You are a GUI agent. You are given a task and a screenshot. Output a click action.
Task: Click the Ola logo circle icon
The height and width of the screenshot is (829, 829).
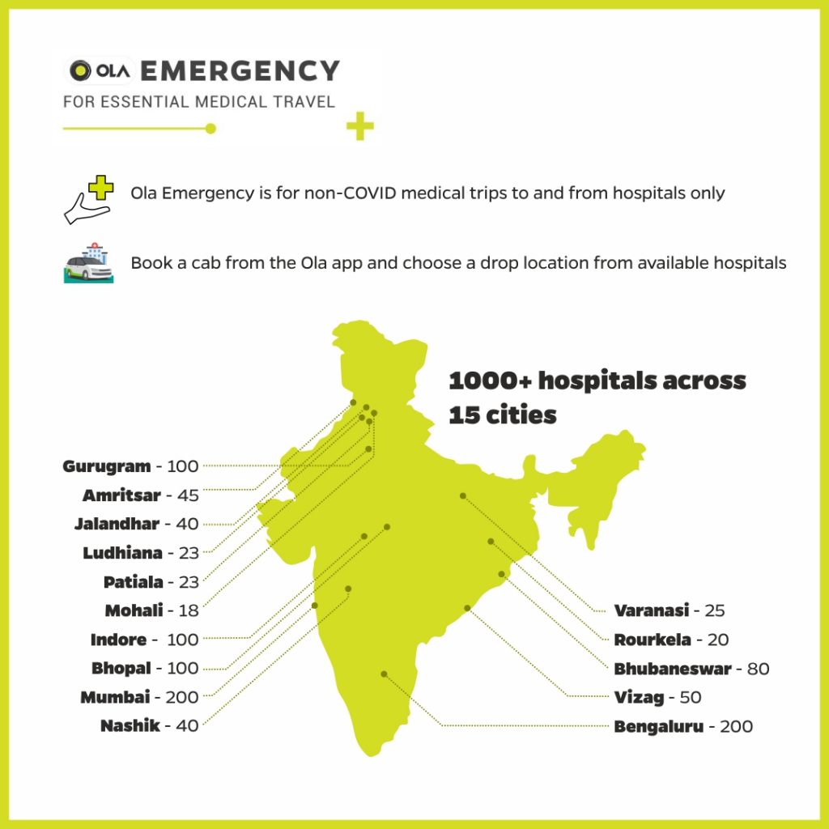tap(81, 71)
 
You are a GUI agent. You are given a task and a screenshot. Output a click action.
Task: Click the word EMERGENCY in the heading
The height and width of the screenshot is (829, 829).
tap(240, 71)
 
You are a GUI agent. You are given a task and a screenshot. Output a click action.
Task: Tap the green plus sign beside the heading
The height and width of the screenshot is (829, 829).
tap(359, 127)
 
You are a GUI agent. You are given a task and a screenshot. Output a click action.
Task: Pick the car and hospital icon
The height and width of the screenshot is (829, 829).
tap(87, 262)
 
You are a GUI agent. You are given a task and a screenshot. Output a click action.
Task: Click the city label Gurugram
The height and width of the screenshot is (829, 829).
tap(107, 466)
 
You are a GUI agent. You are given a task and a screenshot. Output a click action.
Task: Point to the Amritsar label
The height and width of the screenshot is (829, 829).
tap(121, 495)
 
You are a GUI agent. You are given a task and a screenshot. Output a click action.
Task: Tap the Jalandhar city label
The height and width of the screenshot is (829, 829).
tap(117, 524)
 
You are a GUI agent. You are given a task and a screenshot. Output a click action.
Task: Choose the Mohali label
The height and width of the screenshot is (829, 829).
tap(134, 610)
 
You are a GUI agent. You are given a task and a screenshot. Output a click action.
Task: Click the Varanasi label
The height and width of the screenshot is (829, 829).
tap(652, 610)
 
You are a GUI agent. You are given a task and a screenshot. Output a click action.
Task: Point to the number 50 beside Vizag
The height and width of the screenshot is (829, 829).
tap(691, 697)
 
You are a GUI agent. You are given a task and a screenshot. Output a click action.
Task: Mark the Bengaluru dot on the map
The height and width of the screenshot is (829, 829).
tap(384, 674)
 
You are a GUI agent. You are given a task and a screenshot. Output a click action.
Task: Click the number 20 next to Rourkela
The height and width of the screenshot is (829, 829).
tap(718, 640)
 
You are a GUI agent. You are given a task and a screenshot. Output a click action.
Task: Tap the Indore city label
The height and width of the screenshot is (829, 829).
tap(118, 640)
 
